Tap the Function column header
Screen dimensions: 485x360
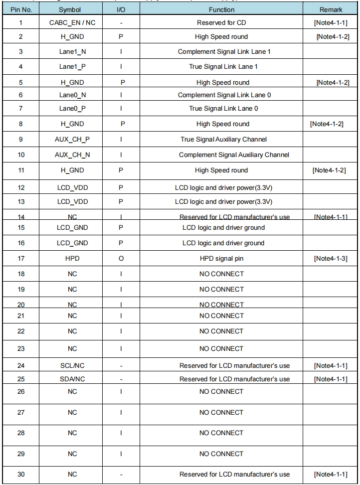(x=222, y=9)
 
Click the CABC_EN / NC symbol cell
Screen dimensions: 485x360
(x=72, y=23)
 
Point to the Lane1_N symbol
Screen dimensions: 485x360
(x=72, y=52)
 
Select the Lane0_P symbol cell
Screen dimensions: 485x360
(x=72, y=109)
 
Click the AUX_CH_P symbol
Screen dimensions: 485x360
(x=72, y=140)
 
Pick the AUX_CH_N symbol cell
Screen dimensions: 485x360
(x=72, y=155)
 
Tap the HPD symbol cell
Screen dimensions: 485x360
(x=72, y=259)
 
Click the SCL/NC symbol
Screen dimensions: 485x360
(x=72, y=366)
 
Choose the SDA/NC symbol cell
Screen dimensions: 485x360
(x=72, y=379)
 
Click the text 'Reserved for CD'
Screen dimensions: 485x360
(x=221, y=23)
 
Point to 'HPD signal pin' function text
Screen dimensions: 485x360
(x=221, y=259)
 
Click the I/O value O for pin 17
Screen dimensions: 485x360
(x=121, y=259)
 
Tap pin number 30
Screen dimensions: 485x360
(x=20, y=475)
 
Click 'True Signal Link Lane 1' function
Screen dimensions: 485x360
(x=221, y=67)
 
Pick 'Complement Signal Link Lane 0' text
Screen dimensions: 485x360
(x=221, y=95)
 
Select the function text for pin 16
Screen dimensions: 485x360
(x=223, y=243)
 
